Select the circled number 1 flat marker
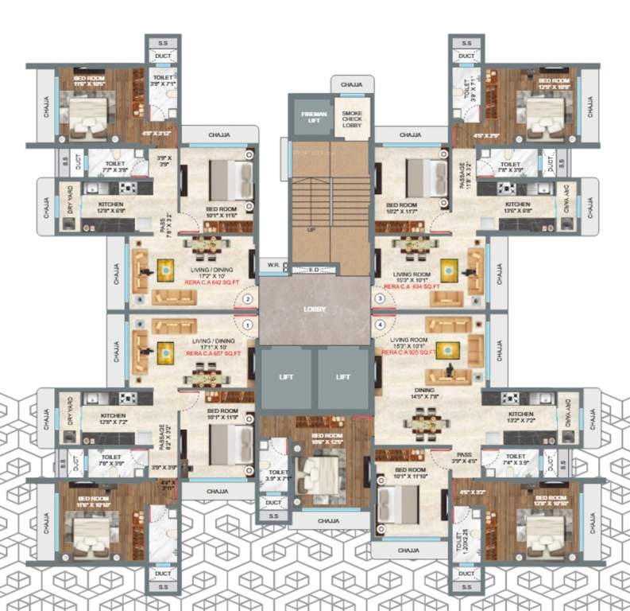pyautogui.click(x=248, y=325)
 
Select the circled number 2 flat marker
pyautogui.click(x=248, y=299)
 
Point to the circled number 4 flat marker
pyautogui.click(x=381, y=325)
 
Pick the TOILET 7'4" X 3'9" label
pyautogui.click(x=516, y=461)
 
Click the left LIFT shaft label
pyautogui.click(x=285, y=376)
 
